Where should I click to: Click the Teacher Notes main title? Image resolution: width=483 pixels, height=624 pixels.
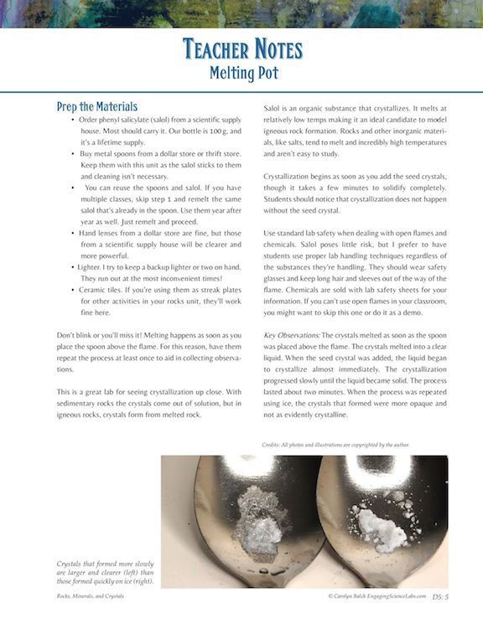pyautogui.click(x=241, y=49)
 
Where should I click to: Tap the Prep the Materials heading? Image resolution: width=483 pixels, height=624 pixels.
pyautogui.click(x=97, y=107)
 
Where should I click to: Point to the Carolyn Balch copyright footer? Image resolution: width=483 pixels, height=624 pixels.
pyautogui.click(x=377, y=596)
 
